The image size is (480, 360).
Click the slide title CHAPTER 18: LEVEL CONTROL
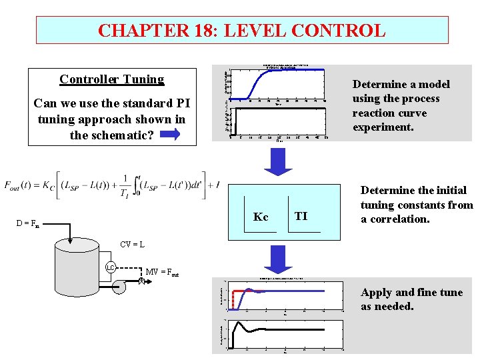coord(241,31)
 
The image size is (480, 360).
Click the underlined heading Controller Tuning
coord(111,79)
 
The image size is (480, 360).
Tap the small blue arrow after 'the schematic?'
coord(170,135)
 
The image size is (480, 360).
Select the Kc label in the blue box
coord(261,217)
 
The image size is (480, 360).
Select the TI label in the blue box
coord(301,216)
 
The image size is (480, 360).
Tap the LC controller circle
coord(112,269)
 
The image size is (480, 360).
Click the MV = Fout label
coord(162,272)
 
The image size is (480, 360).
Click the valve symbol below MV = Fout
coord(141,281)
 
